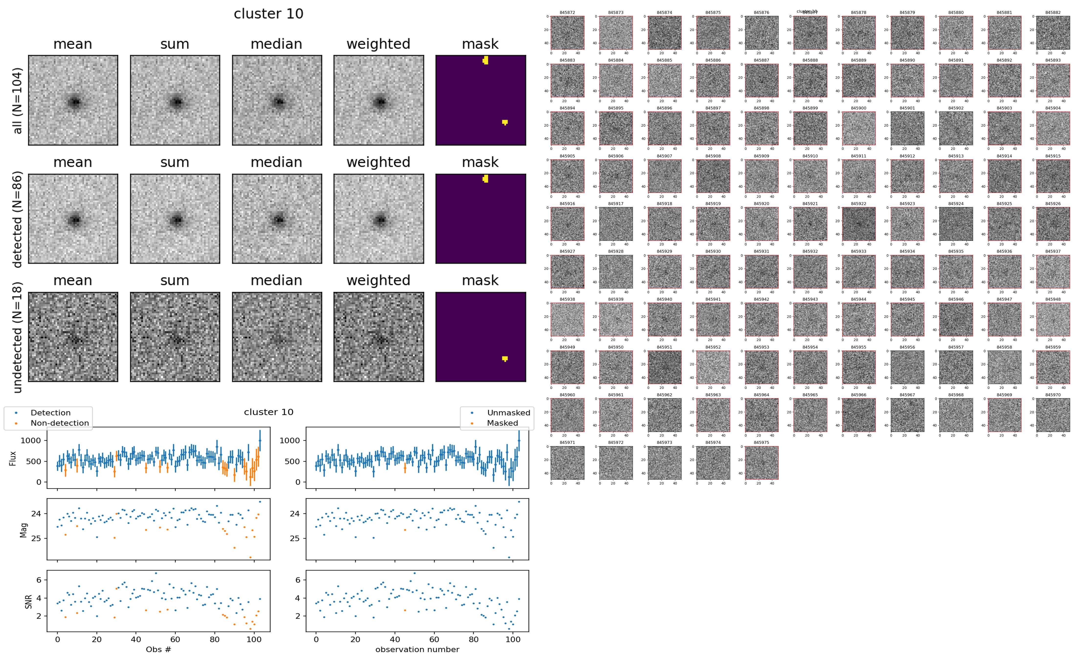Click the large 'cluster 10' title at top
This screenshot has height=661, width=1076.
tap(269, 14)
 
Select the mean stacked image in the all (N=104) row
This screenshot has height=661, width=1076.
tap(73, 100)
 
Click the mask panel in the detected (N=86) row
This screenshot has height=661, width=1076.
tap(481, 219)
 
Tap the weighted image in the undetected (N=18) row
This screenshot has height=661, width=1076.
tap(379, 337)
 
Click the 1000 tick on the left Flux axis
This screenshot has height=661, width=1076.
tap(31, 441)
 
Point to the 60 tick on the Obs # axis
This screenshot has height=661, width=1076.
tap(175, 639)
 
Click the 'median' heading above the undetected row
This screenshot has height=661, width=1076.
tap(276, 280)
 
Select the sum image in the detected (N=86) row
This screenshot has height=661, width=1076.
tap(175, 219)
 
